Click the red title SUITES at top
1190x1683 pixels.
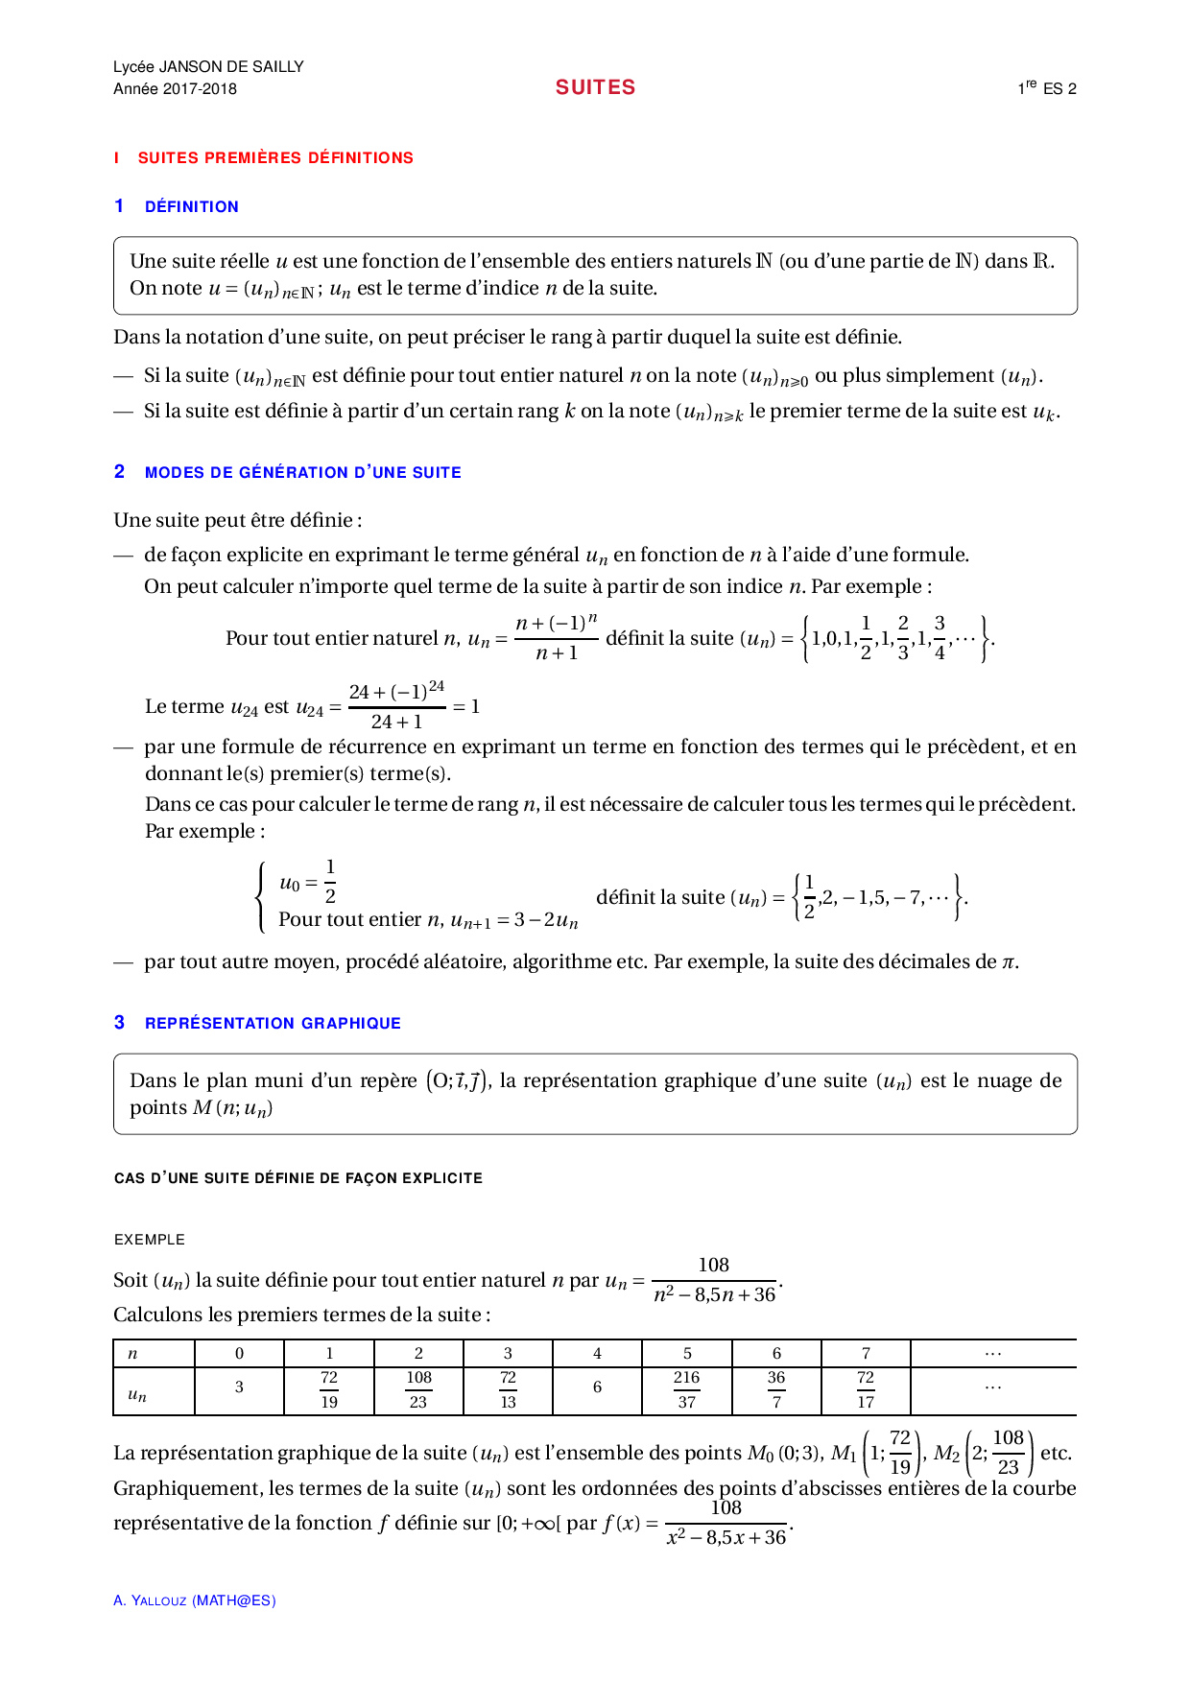(x=595, y=87)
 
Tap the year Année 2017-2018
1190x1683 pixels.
(x=175, y=89)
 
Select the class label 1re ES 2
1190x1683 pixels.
(x=1047, y=88)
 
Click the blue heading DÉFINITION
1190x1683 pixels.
(x=191, y=207)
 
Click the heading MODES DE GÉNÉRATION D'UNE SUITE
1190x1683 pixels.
(x=302, y=472)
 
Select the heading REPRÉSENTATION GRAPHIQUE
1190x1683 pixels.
(x=273, y=1024)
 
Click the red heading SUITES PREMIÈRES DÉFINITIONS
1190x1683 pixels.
(x=275, y=158)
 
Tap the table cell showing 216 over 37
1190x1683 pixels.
(x=686, y=1389)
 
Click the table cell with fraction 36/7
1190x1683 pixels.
(x=776, y=1389)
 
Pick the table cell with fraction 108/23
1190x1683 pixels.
(x=418, y=1389)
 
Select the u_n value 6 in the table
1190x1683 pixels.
(x=597, y=1387)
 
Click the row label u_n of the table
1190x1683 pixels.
(x=137, y=1394)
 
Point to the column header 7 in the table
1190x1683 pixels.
(x=866, y=1354)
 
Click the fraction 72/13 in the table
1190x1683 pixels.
(x=508, y=1389)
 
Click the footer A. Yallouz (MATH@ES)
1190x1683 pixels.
(x=195, y=1600)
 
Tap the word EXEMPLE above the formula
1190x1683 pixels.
(x=150, y=1240)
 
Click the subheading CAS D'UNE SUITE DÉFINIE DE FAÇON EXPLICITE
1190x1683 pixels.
(x=297, y=1178)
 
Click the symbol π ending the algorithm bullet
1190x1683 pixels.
(x=1008, y=962)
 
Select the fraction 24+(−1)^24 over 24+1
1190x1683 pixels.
(x=396, y=707)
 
